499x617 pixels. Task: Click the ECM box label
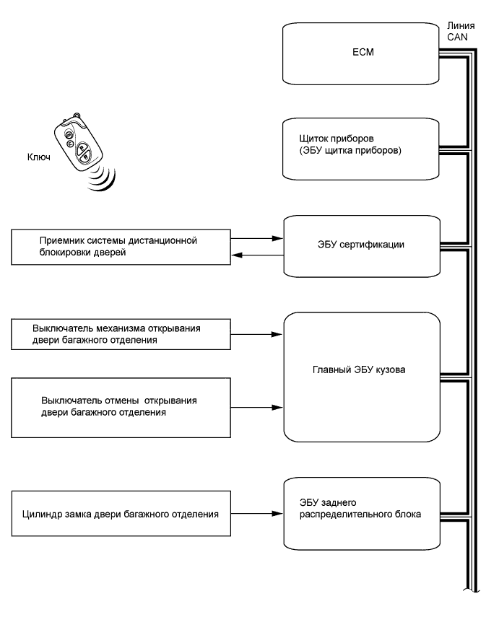click(x=363, y=52)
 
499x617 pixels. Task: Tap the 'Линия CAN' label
click(x=461, y=32)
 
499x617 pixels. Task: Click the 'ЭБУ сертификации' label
click(x=361, y=245)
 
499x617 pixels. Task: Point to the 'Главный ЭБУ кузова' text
click(x=359, y=369)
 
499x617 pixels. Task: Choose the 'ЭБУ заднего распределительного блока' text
click(x=360, y=509)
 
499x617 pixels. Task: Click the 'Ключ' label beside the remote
click(x=38, y=157)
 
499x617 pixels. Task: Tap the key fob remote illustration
click(x=79, y=142)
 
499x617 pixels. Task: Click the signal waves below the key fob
click(x=103, y=179)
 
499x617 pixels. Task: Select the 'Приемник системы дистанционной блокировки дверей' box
click(x=121, y=247)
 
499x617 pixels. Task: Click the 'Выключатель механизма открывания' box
click(x=121, y=334)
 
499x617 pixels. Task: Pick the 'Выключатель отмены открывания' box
click(x=121, y=408)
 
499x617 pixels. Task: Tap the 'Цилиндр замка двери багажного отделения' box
click(x=121, y=514)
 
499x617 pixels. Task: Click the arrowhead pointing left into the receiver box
click(x=237, y=255)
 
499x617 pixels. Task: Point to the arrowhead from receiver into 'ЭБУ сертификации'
click(x=277, y=238)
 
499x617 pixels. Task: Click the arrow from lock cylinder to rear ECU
click(x=257, y=514)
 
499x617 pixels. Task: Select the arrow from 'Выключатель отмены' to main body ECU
click(x=257, y=408)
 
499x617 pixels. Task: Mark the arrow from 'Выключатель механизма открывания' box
click(x=257, y=334)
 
